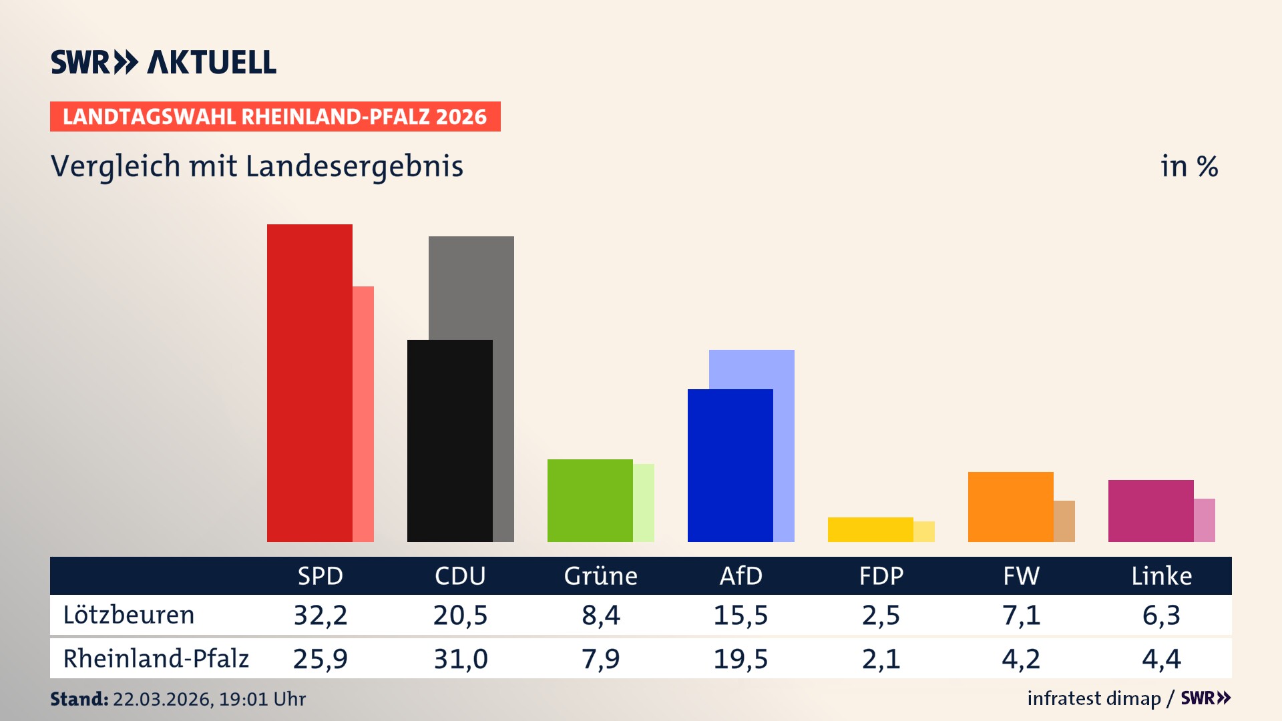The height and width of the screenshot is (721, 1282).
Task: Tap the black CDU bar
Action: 449,441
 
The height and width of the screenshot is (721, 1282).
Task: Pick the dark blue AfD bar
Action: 730,465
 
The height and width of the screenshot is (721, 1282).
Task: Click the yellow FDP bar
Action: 870,529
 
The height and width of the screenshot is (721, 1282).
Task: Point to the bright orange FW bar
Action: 1010,507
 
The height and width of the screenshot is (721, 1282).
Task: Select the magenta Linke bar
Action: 1150,511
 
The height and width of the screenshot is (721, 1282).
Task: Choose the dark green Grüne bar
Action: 590,501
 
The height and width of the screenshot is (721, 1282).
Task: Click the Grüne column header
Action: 600,575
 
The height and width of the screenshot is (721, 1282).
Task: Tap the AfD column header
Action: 740,575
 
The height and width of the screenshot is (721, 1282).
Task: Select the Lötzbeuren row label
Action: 128,615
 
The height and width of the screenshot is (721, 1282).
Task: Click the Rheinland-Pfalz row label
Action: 156,659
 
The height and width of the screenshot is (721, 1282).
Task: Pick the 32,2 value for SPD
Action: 320,615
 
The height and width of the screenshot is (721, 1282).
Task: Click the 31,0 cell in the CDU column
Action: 461,659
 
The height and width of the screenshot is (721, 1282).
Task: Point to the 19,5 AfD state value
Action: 740,659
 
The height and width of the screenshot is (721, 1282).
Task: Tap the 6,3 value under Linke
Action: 1161,615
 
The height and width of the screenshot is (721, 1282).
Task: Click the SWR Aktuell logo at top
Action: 164,62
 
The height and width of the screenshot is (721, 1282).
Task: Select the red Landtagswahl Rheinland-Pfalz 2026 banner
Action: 275,117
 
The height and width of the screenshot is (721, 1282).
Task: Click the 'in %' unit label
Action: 1189,166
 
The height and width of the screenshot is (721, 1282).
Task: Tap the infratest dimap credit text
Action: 1094,698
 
